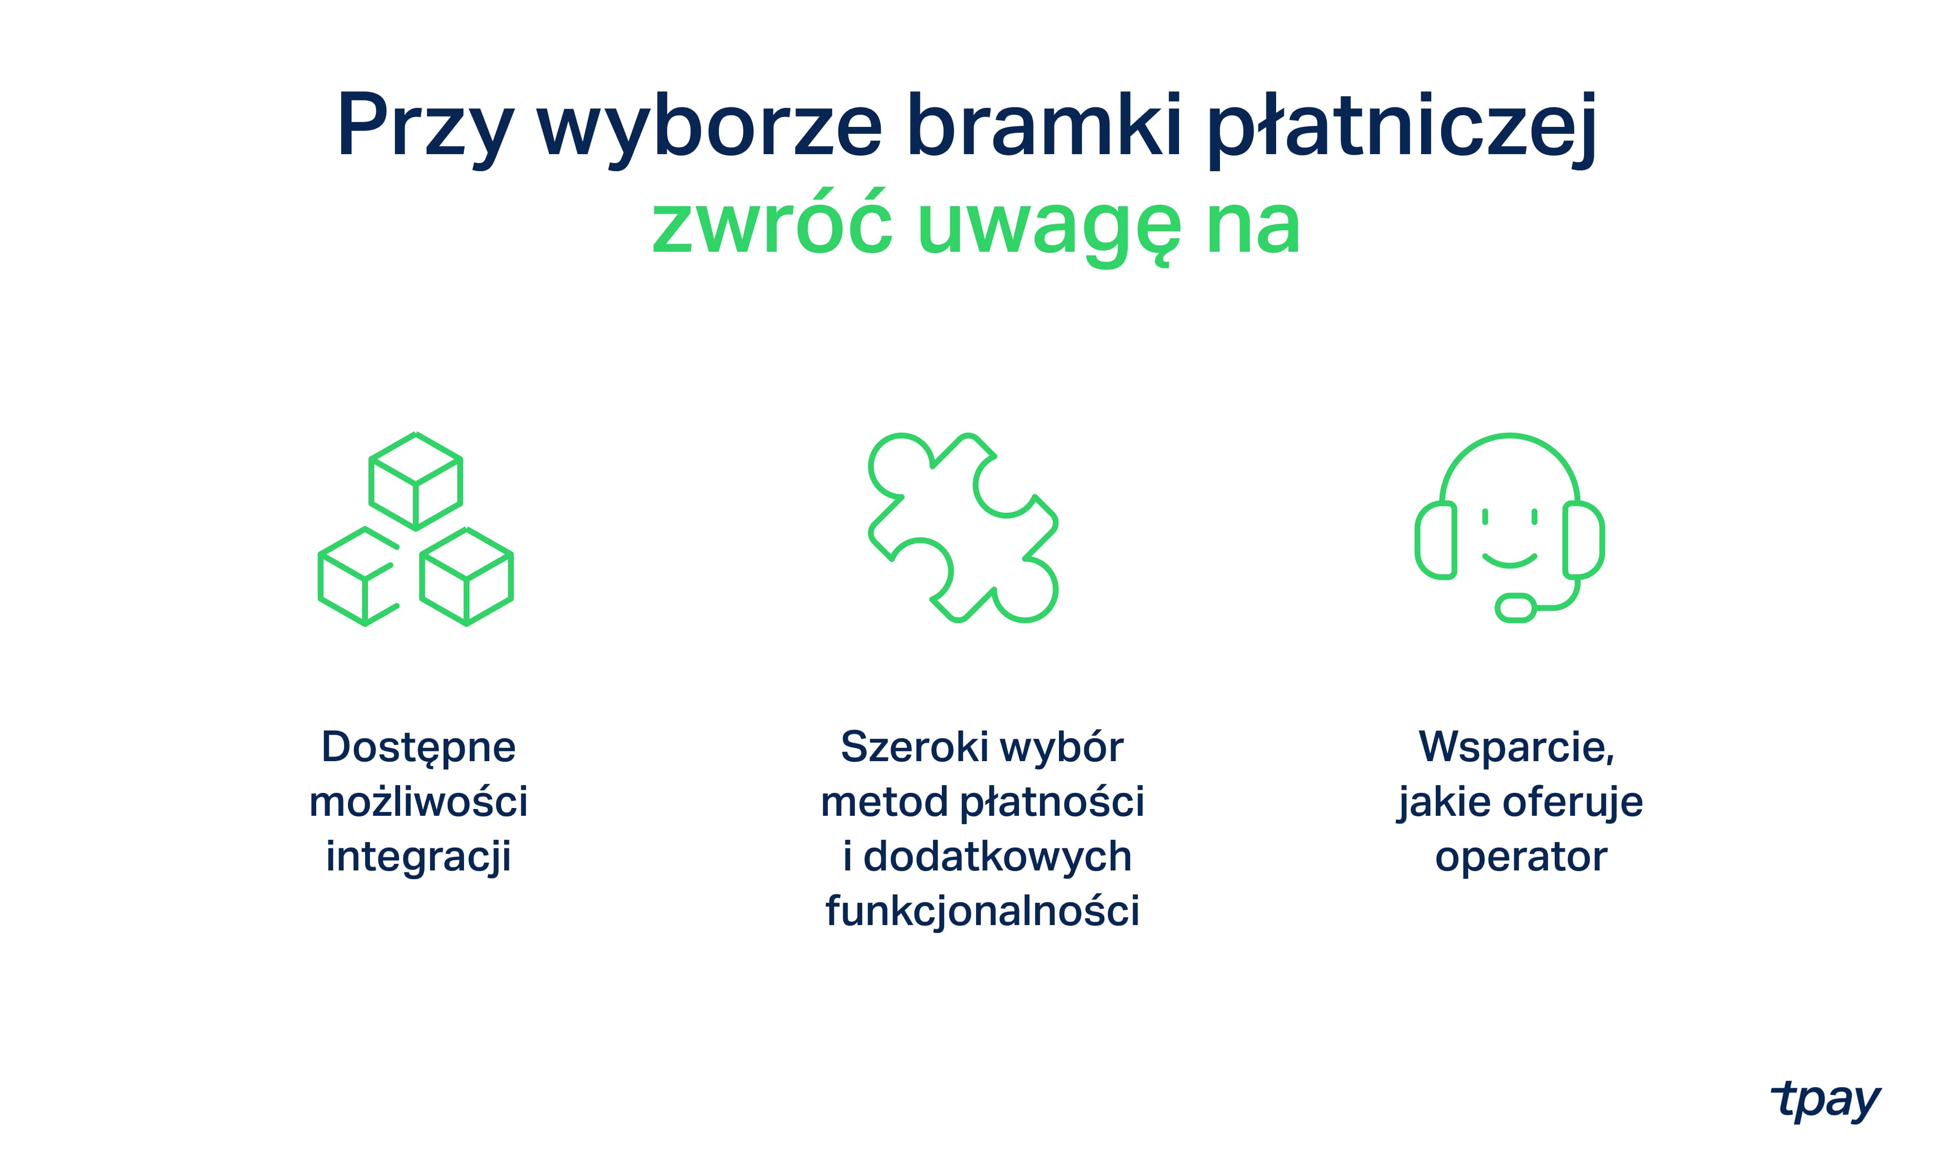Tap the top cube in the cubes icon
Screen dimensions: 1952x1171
click(416, 481)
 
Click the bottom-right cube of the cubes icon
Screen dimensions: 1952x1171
click(467, 576)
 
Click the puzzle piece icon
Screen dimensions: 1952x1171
click(963, 527)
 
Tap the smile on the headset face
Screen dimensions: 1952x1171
click(1509, 560)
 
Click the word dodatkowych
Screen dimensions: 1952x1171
click(997, 856)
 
